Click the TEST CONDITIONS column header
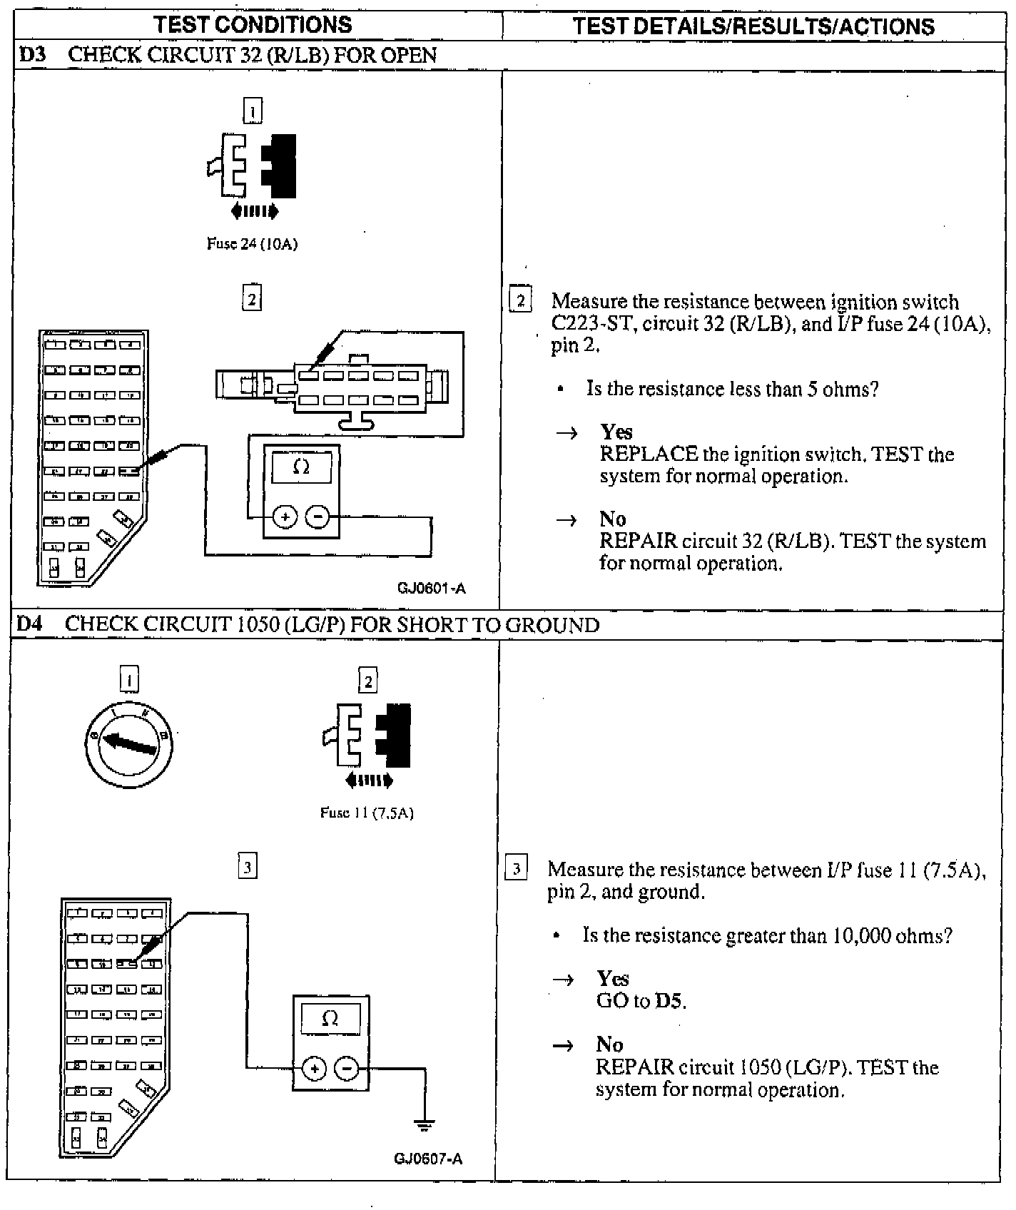(x=253, y=25)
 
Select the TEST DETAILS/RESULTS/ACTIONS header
(x=753, y=26)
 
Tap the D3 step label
(x=31, y=56)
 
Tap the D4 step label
(x=29, y=624)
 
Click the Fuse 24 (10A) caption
(x=252, y=244)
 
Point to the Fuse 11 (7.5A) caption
(x=367, y=813)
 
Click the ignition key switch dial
(x=128, y=745)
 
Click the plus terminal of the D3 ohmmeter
(x=285, y=517)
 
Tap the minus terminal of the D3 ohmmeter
(x=317, y=517)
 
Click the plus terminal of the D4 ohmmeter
(x=314, y=1068)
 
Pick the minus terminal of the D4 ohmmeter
(x=347, y=1068)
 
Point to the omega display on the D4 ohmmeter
(x=330, y=1019)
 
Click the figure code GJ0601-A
(x=432, y=589)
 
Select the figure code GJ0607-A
(x=428, y=1158)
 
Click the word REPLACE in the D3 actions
(x=649, y=454)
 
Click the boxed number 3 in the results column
(x=517, y=869)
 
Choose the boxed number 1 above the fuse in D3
(x=253, y=111)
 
